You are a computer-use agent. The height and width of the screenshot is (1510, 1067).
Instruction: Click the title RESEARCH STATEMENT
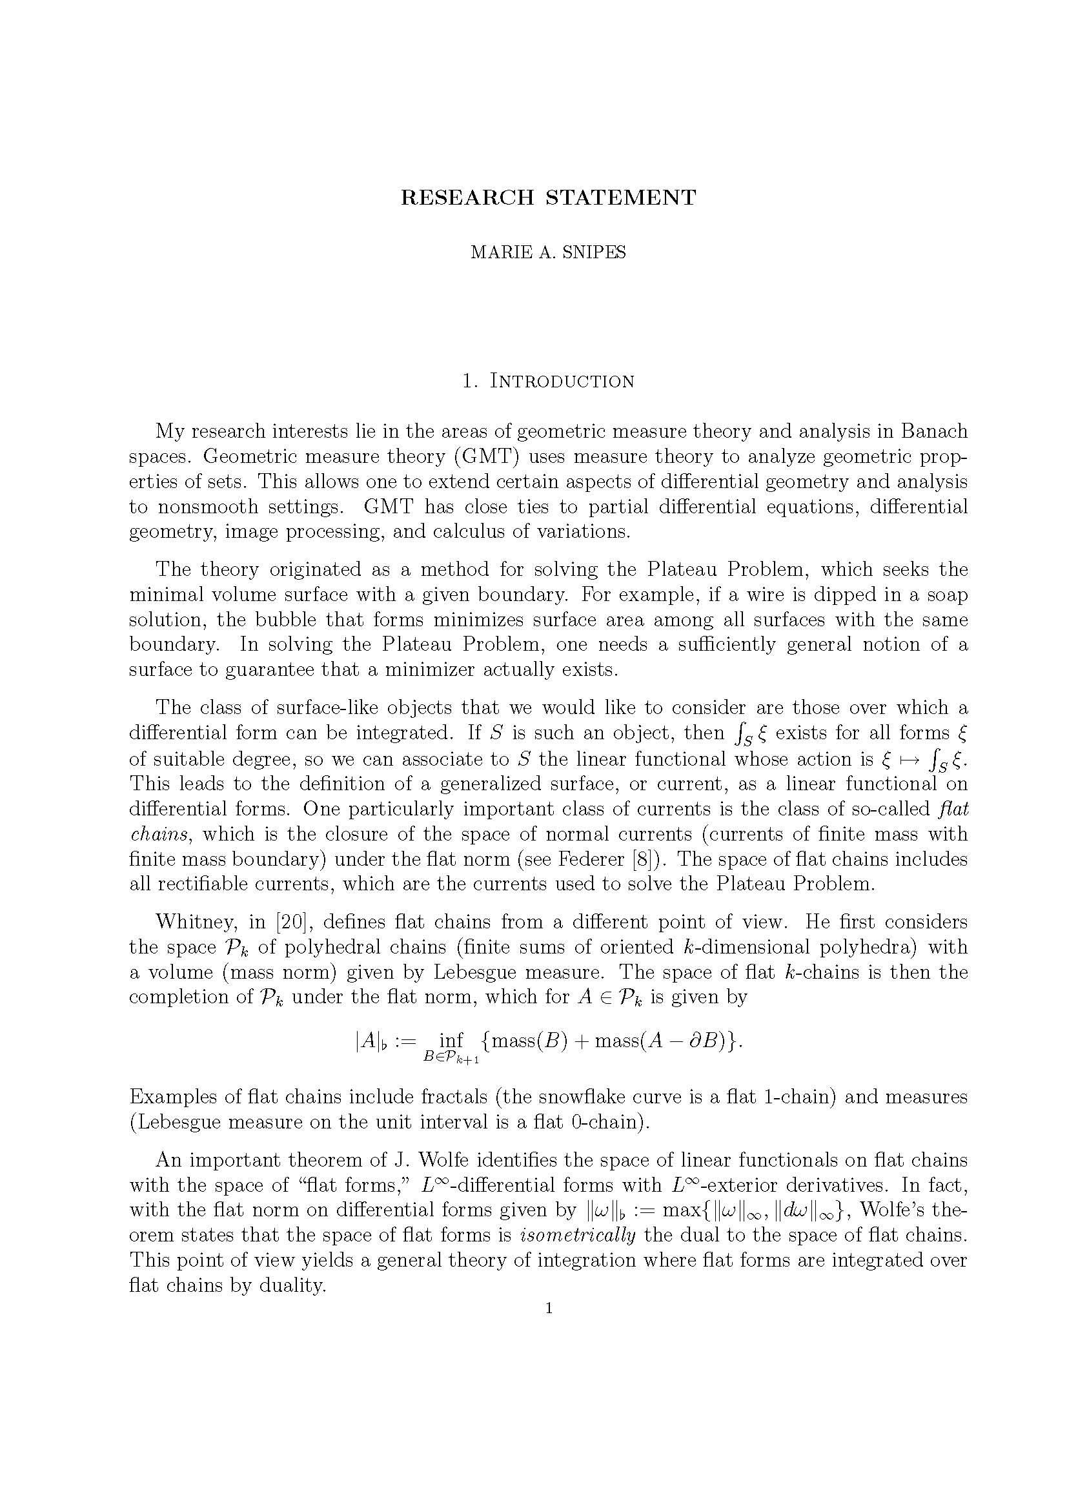[x=548, y=198]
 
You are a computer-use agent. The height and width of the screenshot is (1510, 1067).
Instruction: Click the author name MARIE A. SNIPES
[x=548, y=252]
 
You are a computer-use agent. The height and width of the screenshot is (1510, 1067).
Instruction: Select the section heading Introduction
[x=562, y=382]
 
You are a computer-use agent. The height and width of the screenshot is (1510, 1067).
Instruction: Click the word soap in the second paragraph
[x=947, y=595]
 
